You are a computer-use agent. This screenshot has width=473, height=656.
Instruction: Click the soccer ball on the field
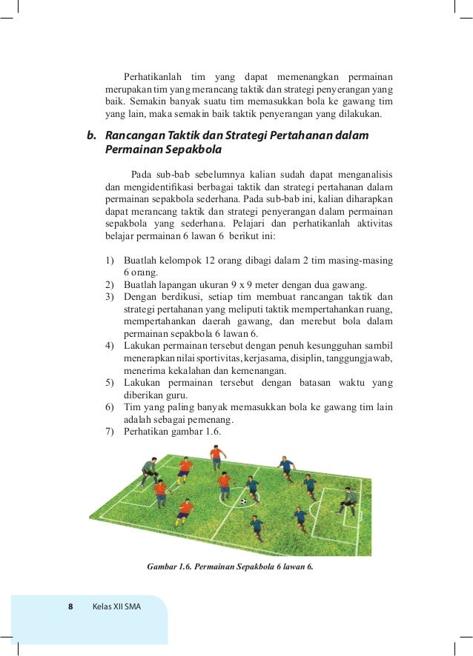(243, 501)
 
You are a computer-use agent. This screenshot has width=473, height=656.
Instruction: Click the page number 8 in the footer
(70, 606)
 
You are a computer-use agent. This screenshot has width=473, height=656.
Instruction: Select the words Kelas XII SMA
(116, 606)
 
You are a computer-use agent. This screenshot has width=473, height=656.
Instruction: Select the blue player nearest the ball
(253, 488)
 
